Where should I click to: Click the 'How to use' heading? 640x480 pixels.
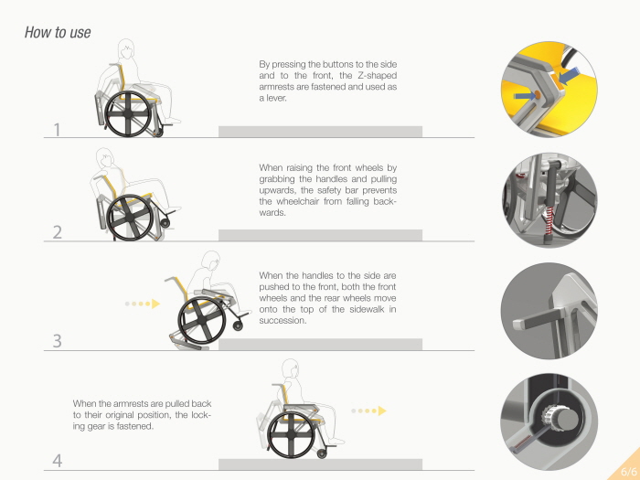(x=58, y=32)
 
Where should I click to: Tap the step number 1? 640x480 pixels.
(x=57, y=130)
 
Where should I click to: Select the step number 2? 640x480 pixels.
(x=58, y=232)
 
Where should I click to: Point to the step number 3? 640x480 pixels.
(x=58, y=341)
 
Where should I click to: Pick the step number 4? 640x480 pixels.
(x=58, y=461)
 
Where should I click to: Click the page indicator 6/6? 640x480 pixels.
(x=628, y=471)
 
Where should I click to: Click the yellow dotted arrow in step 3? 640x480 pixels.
(x=143, y=304)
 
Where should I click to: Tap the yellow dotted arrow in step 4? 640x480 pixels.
(x=368, y=411)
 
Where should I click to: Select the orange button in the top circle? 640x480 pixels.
(x=538, y=95)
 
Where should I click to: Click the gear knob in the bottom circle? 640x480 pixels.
(x=560, y=419)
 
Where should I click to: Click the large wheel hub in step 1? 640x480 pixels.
(x=129, y=114)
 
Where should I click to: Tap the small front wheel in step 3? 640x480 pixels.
(x=238, y=325)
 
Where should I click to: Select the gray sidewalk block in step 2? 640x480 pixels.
(x=320, y=235)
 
